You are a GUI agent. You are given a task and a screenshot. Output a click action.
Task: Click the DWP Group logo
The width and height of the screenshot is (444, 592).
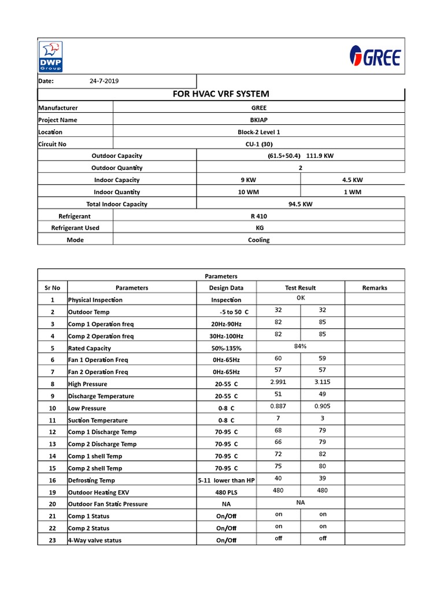(51, 56)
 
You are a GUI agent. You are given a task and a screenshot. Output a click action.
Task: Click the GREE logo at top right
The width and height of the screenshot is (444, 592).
(374, 57)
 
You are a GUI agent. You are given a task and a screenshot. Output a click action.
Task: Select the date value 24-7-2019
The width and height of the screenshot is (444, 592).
(104, 81)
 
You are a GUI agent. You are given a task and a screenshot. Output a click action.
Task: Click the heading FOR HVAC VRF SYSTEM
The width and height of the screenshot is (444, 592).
(221, 94)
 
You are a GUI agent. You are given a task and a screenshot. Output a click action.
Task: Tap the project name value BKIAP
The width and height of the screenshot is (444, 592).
(258, 120)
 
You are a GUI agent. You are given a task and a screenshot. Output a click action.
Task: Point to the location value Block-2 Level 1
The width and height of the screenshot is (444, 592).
(258, 132)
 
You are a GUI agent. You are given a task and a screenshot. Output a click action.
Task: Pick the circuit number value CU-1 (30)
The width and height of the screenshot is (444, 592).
(258, 144)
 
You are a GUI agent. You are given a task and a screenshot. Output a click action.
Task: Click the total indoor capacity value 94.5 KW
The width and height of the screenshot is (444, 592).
(300, 203)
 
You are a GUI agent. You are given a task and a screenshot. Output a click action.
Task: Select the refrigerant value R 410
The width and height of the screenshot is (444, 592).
(258, 216)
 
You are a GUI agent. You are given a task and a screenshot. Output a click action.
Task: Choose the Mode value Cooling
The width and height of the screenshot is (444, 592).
(258, 240)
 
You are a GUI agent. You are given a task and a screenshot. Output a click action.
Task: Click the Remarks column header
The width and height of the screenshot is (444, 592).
(375, 287)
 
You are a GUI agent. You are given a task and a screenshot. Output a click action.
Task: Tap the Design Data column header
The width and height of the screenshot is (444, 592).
(226, 287)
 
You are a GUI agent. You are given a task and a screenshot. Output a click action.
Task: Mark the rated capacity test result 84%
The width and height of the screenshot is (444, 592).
(300, 346)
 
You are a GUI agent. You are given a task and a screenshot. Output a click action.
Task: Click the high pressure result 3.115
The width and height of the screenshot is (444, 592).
(323, 382)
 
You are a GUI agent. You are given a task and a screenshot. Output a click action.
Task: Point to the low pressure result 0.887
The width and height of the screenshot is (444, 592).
(278, 406)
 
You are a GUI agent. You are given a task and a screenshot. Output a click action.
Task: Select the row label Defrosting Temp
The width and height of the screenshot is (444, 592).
(91, 480)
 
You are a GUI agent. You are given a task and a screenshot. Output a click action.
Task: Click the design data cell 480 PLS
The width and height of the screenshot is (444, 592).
(226, 493)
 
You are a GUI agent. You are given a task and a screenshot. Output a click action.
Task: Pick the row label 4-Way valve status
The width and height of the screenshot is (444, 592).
(95, 541)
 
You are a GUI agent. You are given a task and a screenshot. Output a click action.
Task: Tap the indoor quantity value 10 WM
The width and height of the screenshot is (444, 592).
(249, 192)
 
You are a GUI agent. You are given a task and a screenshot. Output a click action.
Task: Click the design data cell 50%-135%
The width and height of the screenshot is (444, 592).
(226, 349)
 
